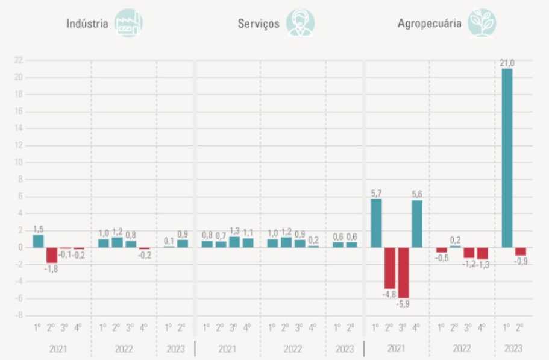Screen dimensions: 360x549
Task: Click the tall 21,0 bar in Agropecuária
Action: click(x=507, y=158)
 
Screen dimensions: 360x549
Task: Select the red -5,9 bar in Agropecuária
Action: click(x=403, y=272)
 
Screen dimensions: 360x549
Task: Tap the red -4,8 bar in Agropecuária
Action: click(x=389, y=268)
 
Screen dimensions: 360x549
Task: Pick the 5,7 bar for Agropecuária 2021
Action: click(x=376, y=223)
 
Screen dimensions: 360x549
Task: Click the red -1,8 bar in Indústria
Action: click(x=52, y=255)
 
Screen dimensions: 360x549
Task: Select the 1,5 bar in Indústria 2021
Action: click(x=38, y=241)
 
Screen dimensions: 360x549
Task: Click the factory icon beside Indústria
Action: click(x=128, y=24)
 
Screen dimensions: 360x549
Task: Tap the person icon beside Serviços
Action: click(x=300, y=24)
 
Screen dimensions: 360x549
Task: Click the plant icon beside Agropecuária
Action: click(x=482, y=24)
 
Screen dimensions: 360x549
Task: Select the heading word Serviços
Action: click(x=259, y=24)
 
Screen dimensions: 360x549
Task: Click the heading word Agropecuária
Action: click(x=430, y=24)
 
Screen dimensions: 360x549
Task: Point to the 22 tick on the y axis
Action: click(x=19, y=60)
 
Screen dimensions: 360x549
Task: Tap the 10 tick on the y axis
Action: click(x=19, y=162)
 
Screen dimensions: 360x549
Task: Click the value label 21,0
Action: click(x=507, y=62)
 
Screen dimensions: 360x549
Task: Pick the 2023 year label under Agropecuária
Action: click(x=513, y=349)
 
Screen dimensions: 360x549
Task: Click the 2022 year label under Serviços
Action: click(x=293, y=349)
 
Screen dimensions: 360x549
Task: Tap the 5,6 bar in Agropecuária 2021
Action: click(x=416, y=224)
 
